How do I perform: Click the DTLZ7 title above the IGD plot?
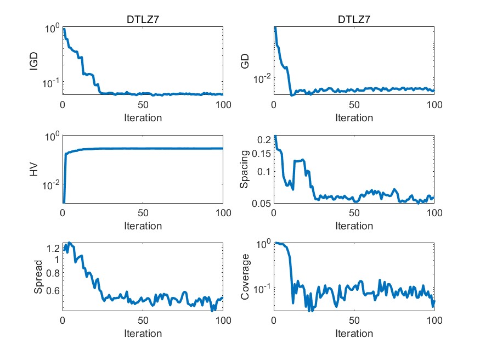[x=142, y=21]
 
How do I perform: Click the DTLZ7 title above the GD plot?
[x=354, y=21]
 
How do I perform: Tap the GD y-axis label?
[x=246, y=61]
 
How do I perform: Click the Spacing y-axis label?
[x=246, y=170]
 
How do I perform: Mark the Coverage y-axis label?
[x=246, y=278]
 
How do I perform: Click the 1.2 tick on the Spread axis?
[x=52, y=249]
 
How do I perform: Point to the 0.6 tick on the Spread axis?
[x=52, y=290]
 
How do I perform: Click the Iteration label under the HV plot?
[x=142, y=226]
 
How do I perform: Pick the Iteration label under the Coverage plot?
[x=354, y=334]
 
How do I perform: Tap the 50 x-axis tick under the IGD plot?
[x=143, y=105]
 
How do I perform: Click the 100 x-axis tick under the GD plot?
[x=434, y=105]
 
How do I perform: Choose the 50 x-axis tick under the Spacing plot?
[x=354, y=213]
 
